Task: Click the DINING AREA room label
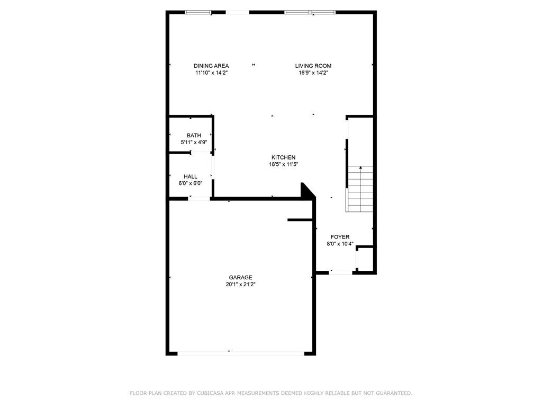211,66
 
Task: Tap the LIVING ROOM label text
313,66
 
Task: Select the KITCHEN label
283,157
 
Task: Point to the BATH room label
194,136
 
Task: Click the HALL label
191,176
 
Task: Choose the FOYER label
340,237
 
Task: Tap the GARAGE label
240,277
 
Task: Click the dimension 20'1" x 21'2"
240,285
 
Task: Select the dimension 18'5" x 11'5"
283,164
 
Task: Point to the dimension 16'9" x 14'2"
313,73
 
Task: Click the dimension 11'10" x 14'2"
211,73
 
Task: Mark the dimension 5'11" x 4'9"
194,143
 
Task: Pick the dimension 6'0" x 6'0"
191,183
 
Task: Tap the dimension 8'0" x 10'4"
340,244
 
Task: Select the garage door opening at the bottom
241,352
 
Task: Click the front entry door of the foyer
341,272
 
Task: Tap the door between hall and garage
200,199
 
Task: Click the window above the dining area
198,12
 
